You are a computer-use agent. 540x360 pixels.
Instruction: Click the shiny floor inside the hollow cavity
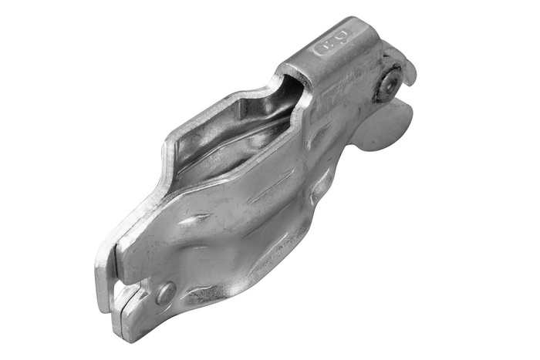pos(231,146)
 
